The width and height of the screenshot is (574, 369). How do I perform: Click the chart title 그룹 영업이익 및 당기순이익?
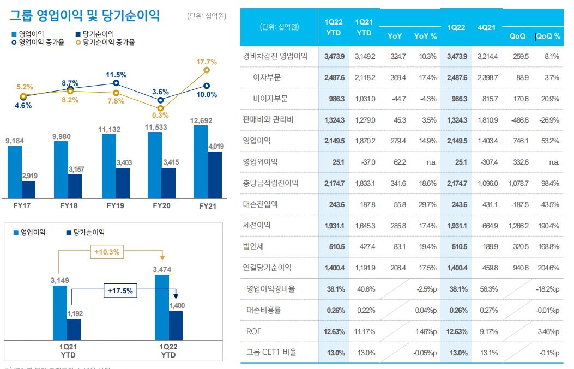pyautogui.click(x=84, y=15)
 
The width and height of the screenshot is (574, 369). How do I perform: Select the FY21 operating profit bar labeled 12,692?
pyautogui.click(x=201, y=162)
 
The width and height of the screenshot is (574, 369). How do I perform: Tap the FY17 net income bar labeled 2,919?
pyautogui.click(x=28, y=190)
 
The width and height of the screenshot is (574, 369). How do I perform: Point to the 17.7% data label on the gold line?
pyautogui.click(x=206, y=62)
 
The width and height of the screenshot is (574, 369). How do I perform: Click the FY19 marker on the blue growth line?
pyautogui.click(x=116, y=83)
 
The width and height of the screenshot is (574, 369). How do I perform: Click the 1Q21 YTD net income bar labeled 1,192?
pyautogui.click(x=74, y=330)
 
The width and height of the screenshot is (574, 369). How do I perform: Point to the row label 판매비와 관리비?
pyautogui.click(x=268, y=119)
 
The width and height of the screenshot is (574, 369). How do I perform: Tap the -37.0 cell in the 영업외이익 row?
pyautogui.click(x=365, y=162)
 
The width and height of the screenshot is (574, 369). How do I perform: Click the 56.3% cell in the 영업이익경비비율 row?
pyautogui.click(x=487, y=289)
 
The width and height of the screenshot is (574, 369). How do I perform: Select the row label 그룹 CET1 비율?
pyautogui.click(x=271, y=352)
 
